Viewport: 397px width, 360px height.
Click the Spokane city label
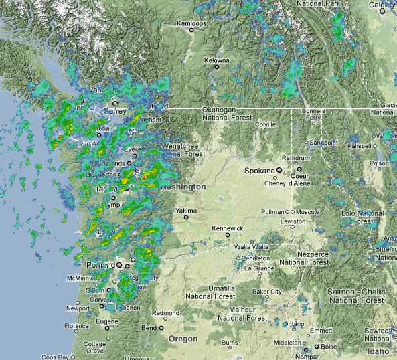click(260, 171)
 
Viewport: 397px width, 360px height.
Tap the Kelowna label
click(217, 60)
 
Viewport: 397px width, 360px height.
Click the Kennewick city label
click(227, 228)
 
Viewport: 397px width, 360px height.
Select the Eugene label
click(94, 322)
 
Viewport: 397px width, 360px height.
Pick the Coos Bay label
click(56, 357)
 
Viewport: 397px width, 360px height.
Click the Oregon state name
click(182, 339)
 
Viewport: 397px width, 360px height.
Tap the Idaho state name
click(378, 351)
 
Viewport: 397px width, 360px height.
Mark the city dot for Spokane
click(280, 171)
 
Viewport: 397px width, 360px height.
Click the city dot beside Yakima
click(187, 217)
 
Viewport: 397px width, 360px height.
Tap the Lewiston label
click(292, 221)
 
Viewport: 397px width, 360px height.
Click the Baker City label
click(270, 292)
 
